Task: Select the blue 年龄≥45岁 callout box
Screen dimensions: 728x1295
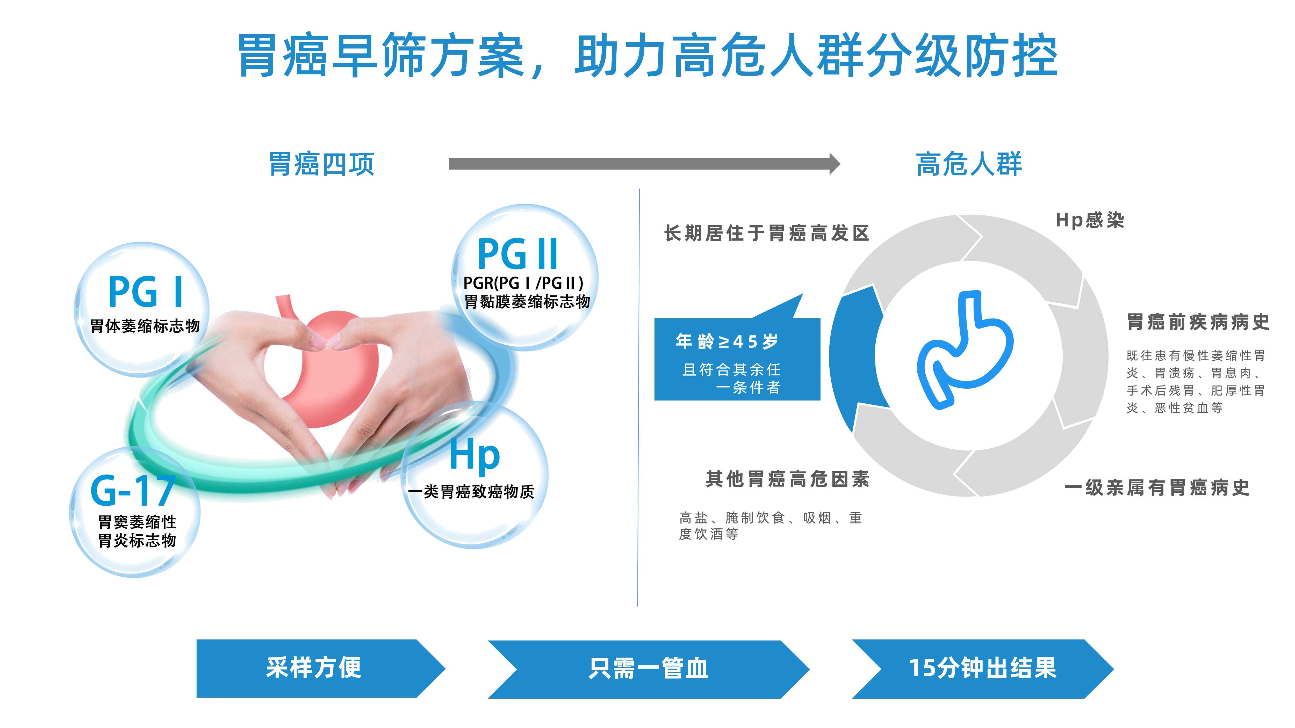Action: click(x=737, y=359)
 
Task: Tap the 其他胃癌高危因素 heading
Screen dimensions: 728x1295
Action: click(x=787, y=479)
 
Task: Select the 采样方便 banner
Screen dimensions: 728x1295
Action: click(x=314, y=668)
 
